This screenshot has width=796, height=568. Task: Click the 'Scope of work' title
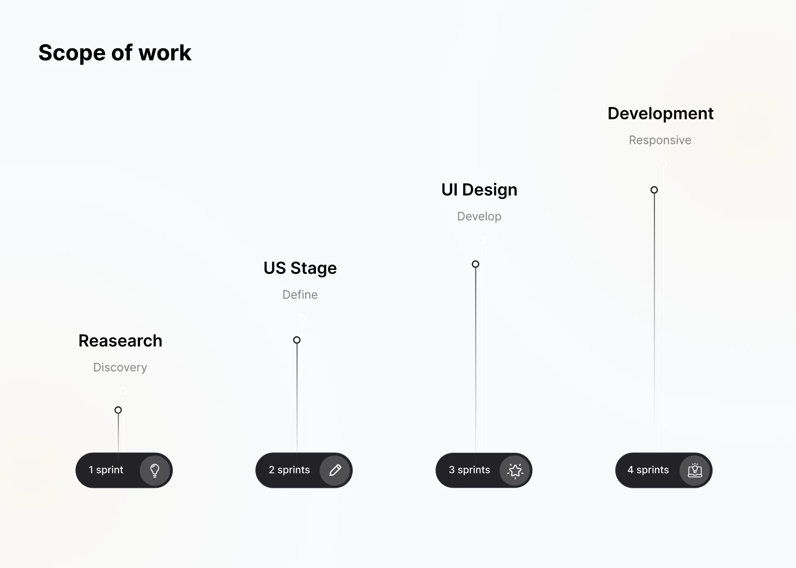[x=115, y=53]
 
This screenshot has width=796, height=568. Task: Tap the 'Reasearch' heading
[x=120, y=341]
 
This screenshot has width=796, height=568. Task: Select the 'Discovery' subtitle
[x=120, y=367]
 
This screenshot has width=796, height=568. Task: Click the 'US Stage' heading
[x=300, y=268]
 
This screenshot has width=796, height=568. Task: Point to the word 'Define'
[x=300, y=295]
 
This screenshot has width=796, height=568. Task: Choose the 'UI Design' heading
[x=479, y=190]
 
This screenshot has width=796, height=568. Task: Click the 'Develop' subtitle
[x=479, y=216]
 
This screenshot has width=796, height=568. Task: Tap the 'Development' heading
[x=660, y=114]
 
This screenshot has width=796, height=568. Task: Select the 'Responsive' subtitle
[x=660, y=140]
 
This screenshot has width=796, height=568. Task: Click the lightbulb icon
[x=155, y=470]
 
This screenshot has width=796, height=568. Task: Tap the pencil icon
[x=335, y=470]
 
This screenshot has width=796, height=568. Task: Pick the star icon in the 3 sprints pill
[x=515, y=470]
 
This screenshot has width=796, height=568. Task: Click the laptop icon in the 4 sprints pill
[x=695, y=470]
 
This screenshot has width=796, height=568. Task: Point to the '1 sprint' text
[x=106, y=470]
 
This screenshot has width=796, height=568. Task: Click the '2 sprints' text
[x=289, y=470]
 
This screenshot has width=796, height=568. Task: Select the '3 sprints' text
[x=469, y=470]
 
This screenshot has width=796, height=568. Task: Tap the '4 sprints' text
[x=648, y=470]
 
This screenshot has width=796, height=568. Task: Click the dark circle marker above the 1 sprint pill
[x=118, y=410]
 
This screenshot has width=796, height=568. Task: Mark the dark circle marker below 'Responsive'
[x=654, y=190]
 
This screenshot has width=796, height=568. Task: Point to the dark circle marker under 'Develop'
[x=476, y=264]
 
